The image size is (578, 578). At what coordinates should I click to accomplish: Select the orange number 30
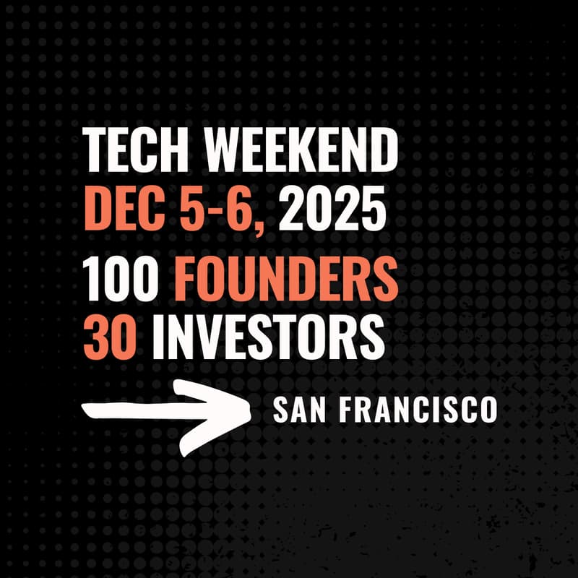pos(109,337)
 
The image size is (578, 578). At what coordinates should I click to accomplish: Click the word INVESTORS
pos(267,337)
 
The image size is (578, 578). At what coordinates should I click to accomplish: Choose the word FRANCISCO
pos(419,411)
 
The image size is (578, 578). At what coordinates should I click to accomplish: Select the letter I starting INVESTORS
pos(158,337)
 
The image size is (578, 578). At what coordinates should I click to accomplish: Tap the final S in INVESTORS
pos(372,337)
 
